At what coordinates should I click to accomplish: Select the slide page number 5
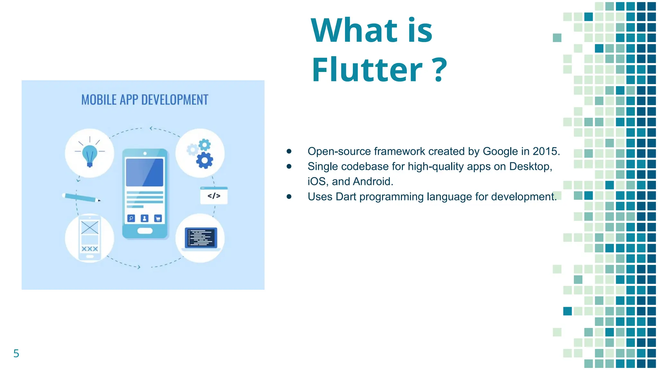[16, 353]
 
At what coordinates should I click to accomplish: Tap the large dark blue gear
[205, 160]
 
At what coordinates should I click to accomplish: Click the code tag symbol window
[214, 196]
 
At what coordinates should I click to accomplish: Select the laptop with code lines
[201, 238]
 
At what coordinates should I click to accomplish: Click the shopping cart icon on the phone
[158, 218]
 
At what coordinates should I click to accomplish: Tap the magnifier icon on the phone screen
[131, 218]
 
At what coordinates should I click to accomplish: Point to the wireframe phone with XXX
[90, 238]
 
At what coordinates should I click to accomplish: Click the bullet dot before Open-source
[289, 151]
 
